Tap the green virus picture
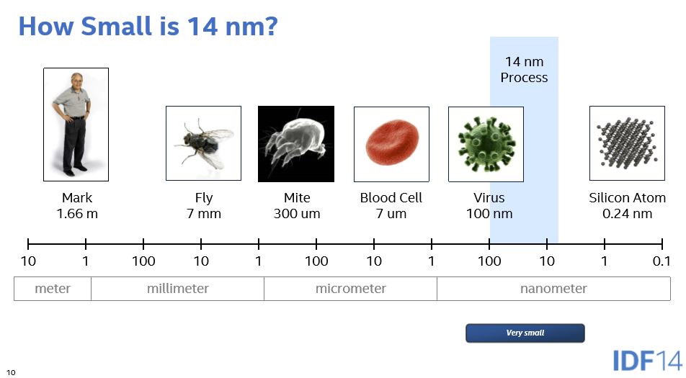click(x=486, y=144)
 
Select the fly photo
click(x=203, y=143)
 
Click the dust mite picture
click(x=296, y=144)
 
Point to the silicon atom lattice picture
click(x=627, y=143)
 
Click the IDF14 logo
click(x=648, y=361)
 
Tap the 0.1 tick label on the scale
click(x=661, y=261)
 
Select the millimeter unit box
click(x=177, y=289)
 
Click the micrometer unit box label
click(x=351, y=289)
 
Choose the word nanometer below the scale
click(x=553, y=289)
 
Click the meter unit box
click(x=53, y=289)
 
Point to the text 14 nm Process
click(x=524, y=70)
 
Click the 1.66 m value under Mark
click(x=77, y=214)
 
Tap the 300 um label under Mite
click(x=297, y=214)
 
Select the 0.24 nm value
click(x=627, y=214)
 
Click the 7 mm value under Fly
click(x=203, y=214)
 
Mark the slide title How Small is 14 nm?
click(x=148, y=26)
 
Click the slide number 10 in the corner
click(x=11, y=372)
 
